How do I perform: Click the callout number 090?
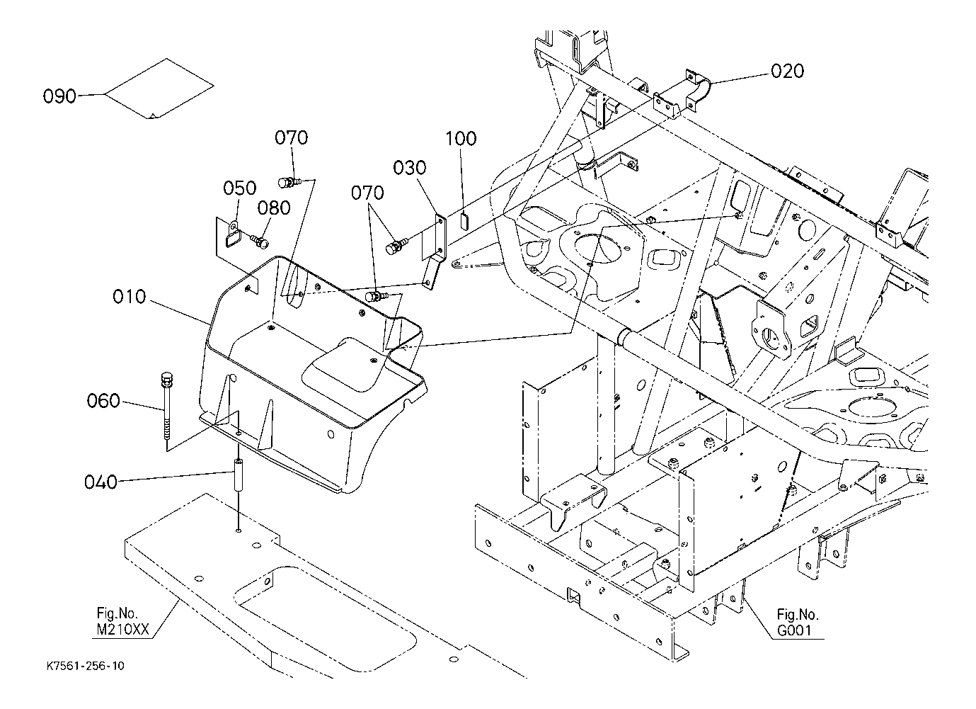click(x=59, y=96)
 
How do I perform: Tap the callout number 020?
click(x=787, y=71)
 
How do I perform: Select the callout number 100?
click(x=461, y=139)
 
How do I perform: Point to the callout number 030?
click(x=410, y=167)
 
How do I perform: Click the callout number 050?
click(x=240, y=188)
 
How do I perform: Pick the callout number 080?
click(x=274, y=208)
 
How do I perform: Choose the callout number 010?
click(x=129, y=297)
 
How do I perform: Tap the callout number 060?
click(x=103, y=401)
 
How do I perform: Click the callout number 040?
click(x=101, y=482)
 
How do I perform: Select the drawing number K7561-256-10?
click(x=86, y=667)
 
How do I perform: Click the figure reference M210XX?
click(x=123, y=629)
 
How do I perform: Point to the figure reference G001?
click(x=794, y=630)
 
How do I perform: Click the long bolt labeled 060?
click(x=167, y=406)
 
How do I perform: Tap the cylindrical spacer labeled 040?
click(x=239, y=475)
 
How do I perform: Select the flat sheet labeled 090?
click(x=159, y=89)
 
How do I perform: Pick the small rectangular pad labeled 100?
click(x=464, y=220)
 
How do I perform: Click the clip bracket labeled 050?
click(x=234, y=234)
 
